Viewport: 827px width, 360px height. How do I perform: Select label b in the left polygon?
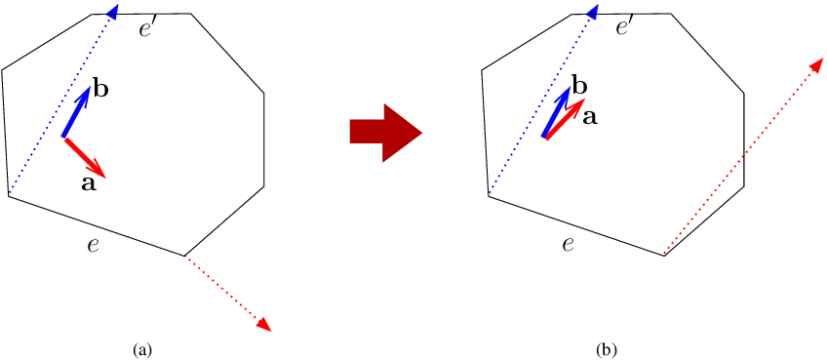(99, 90)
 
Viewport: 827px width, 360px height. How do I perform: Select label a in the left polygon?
(89, 182)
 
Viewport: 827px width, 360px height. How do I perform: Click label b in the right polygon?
(579, 87)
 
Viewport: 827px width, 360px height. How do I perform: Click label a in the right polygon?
(590, 116)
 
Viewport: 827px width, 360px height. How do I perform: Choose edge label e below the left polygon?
(93, 244)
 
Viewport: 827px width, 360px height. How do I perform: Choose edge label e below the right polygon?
(568, 244)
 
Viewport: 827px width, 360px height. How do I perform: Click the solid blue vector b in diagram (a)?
(77, 111)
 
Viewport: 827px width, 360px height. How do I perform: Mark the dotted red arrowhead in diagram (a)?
(262, 325)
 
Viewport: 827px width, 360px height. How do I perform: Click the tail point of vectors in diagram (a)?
(63, 138)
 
